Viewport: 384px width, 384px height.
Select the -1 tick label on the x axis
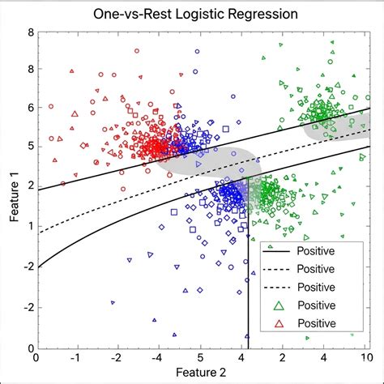click(76, 357)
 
